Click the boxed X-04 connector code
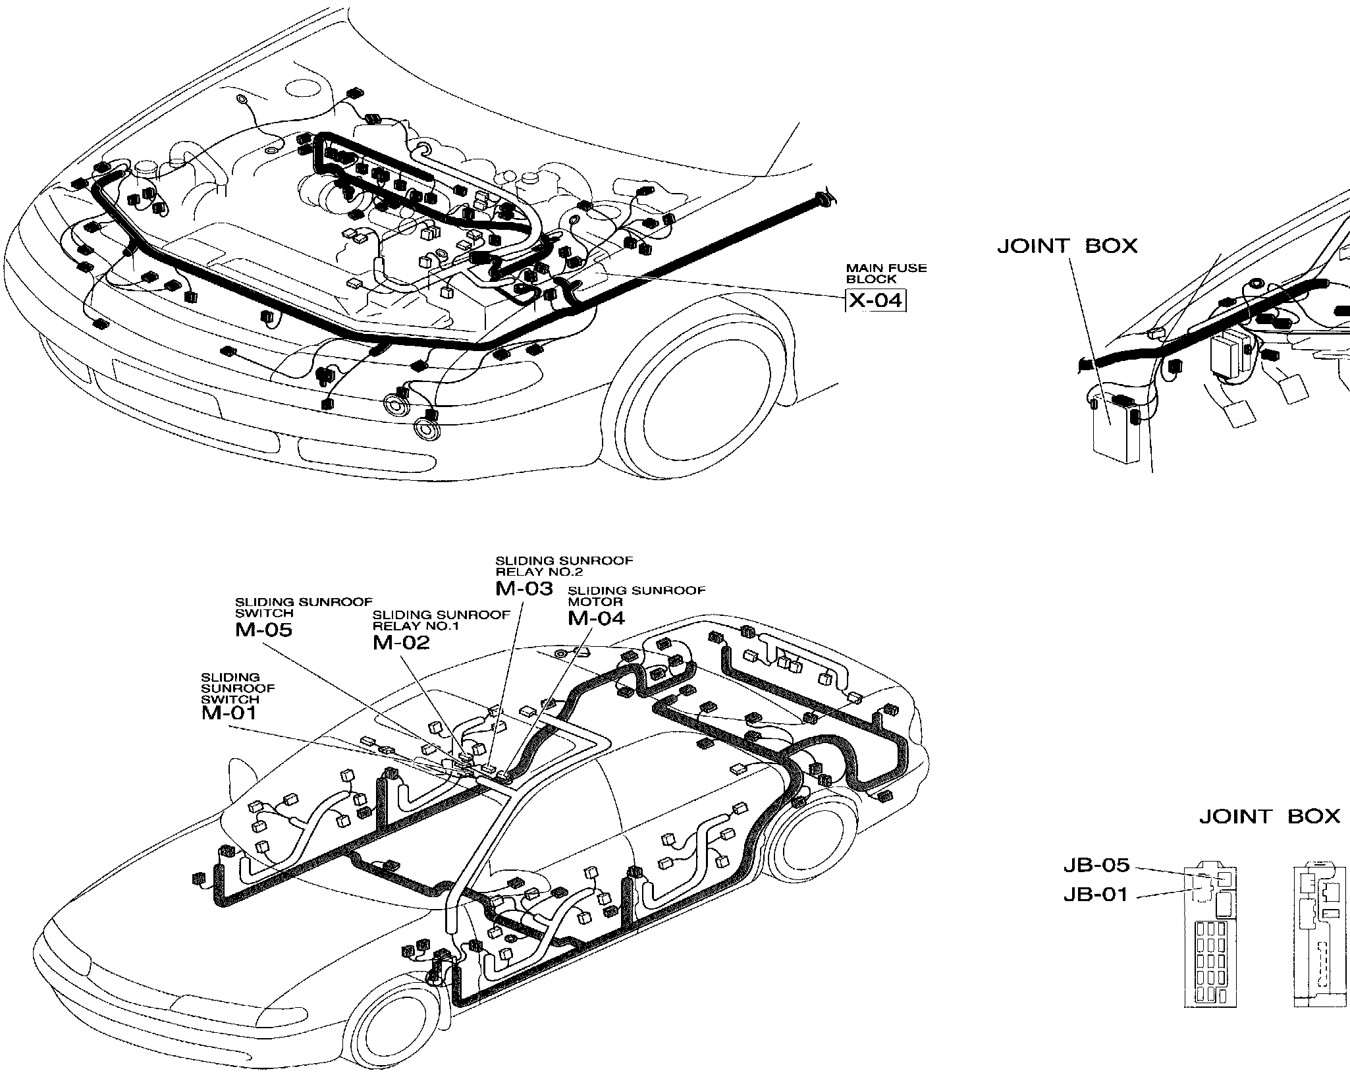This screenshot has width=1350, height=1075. click(875, 300)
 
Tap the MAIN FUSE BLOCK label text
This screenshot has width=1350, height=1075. click(886, 273)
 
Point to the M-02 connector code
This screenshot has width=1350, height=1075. click(401, 642)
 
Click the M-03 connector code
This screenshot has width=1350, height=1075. click(524, 588)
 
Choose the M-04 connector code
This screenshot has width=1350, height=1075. click(596, 618)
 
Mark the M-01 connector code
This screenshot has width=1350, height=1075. click(229, 713)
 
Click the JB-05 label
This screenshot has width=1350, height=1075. click(1096, 865)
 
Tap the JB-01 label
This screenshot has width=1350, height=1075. click(1096, 895)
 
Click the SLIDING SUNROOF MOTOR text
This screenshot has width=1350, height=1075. click(636, 595)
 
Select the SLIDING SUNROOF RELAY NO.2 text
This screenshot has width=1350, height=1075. click(564, 566)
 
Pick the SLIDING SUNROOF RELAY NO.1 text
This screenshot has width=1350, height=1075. click(441, 620)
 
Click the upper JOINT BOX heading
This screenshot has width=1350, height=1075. click(1067, 246)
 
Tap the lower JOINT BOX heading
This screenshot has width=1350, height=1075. click(1269, 817)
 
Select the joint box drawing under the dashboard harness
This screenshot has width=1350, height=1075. click(1115, 429)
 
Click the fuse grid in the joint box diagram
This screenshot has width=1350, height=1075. click(1210, 968)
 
